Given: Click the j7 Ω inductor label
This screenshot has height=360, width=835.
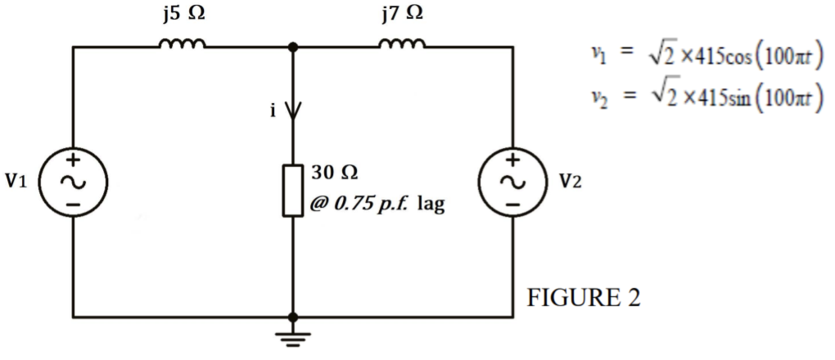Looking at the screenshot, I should pyautogui.click(x=401, y=14).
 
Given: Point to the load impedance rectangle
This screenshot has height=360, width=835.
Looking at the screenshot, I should pyautogui.click(x=293, y=191).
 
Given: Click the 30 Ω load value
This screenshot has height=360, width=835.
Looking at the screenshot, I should pyautogui.click(x=336, y=173).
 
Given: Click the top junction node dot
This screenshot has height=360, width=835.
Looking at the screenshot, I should pyautogui.click(x=293, y=47).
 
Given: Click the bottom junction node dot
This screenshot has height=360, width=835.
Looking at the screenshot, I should pyautogui.click(x=293, y=317).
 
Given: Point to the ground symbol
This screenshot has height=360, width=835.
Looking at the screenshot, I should pyautogui.click(x=293, y=337).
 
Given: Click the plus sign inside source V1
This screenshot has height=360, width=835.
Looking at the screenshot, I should pyautogui.click(x=73, y=160).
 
